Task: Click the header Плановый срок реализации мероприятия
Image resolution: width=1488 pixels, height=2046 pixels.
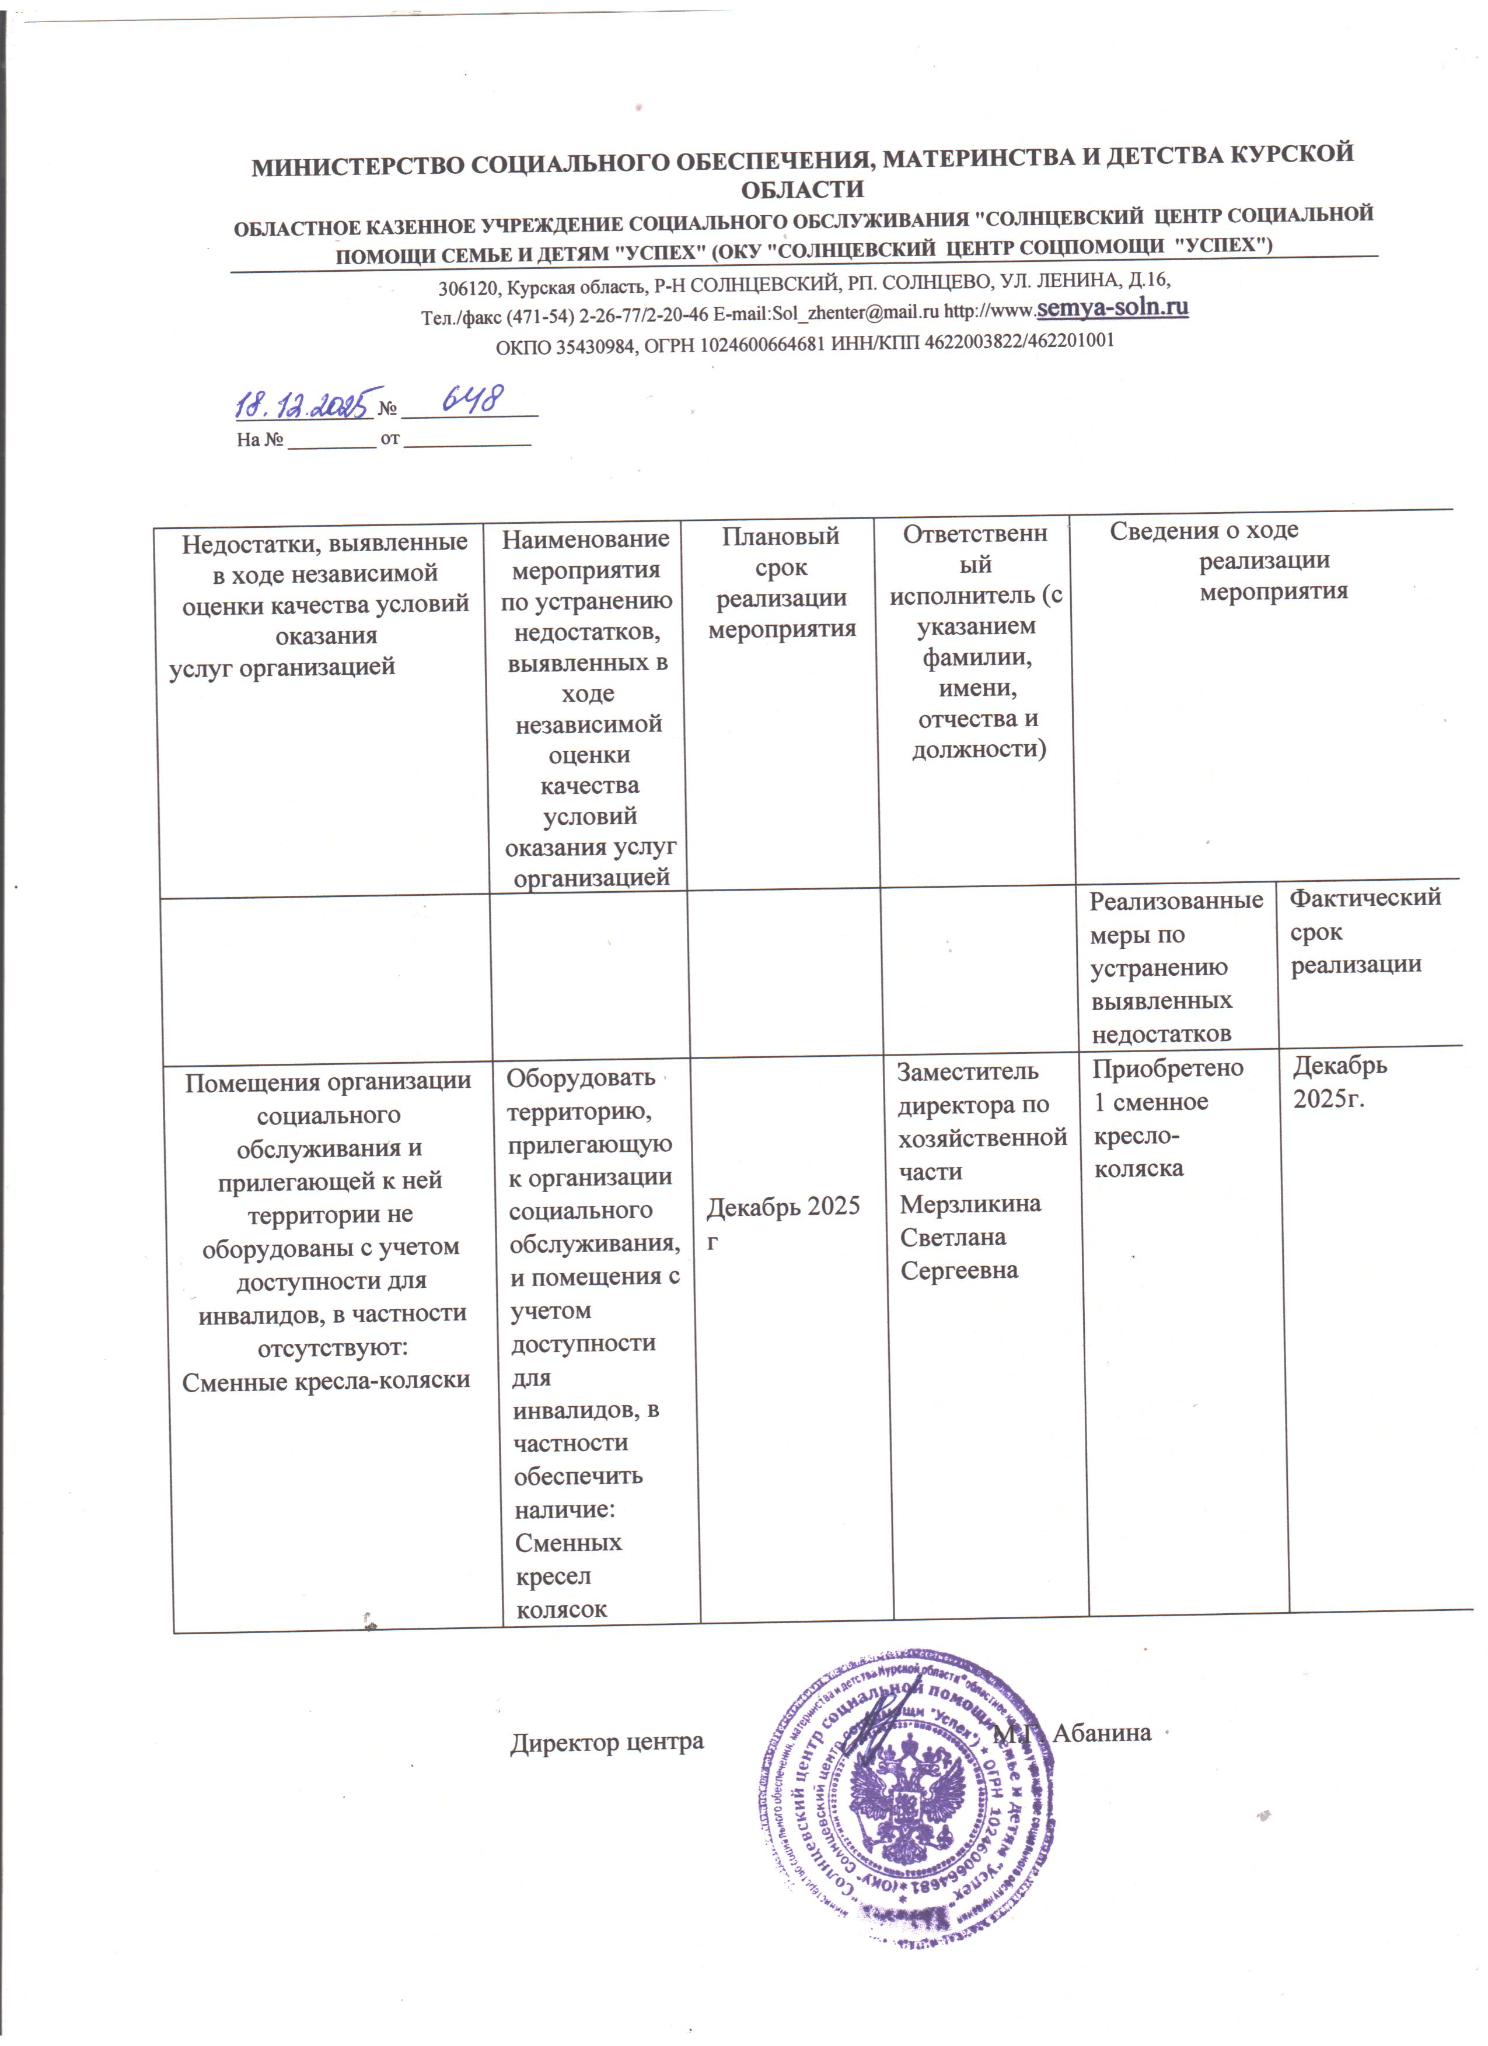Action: tap(781, 583)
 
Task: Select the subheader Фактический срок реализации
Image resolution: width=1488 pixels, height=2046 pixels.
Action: tap(1364, 931)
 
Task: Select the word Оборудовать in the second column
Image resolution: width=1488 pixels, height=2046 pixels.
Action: tap(580, 1077)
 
